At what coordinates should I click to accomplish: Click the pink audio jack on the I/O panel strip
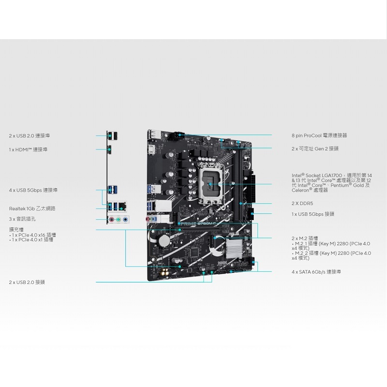(x=111, y=220)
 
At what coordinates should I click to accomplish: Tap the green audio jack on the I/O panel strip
(x=118, y=220)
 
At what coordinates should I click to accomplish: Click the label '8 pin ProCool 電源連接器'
(x=319, y=135)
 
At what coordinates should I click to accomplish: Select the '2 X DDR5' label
(x=302, y=204)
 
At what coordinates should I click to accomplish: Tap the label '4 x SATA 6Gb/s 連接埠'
(x=316, y=272)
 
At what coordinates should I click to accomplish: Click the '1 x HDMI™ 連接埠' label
(x=28, y=149)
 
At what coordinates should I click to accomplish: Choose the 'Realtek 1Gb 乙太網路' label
(x=32, y=208)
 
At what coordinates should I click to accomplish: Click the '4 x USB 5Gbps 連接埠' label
(x=33, y=190)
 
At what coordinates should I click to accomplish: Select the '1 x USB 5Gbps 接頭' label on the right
(x=313, y=214)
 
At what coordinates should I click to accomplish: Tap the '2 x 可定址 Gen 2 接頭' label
(x=315, y=149)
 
